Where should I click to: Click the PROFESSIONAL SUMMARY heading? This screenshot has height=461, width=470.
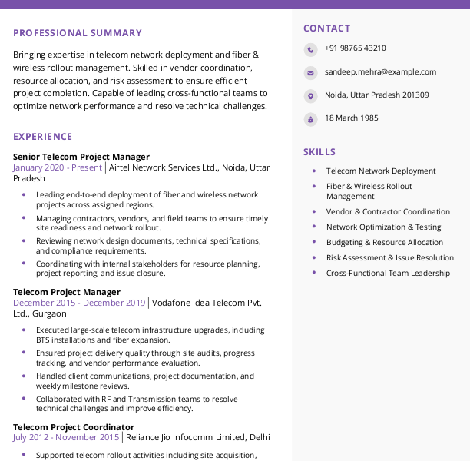tap(77, 33)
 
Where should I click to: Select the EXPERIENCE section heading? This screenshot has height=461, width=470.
tap(42, 137)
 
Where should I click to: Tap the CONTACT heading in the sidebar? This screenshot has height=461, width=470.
tap(326, 28)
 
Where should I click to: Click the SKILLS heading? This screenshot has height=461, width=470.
tap(319, 152)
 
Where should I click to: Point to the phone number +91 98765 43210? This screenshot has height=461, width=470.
tap(355, 48)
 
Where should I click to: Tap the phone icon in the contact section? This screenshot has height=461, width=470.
tap(310, 50)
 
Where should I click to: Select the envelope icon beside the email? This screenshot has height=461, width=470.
tap(310, 73)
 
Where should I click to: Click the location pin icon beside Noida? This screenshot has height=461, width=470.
tap(310, 96)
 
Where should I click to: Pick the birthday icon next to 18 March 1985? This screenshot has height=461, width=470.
tap(310, 119)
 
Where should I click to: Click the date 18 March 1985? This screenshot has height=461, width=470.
tap(351, 118)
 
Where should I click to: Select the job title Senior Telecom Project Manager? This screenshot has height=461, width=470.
tap(81, 157)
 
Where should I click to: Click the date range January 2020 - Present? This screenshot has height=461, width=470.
tap(57, 167)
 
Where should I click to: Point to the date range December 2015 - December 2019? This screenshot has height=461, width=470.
tap(79, 303)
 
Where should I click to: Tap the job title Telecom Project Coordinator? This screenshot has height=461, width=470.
tap(74, 427)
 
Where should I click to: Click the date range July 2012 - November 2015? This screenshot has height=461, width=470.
tap(66, 438)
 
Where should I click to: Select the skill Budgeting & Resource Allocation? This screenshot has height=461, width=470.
tap(385, 243)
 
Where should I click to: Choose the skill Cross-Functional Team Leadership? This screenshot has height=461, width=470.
tap(388, 274)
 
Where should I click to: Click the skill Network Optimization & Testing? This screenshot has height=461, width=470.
tap(383, 227)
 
